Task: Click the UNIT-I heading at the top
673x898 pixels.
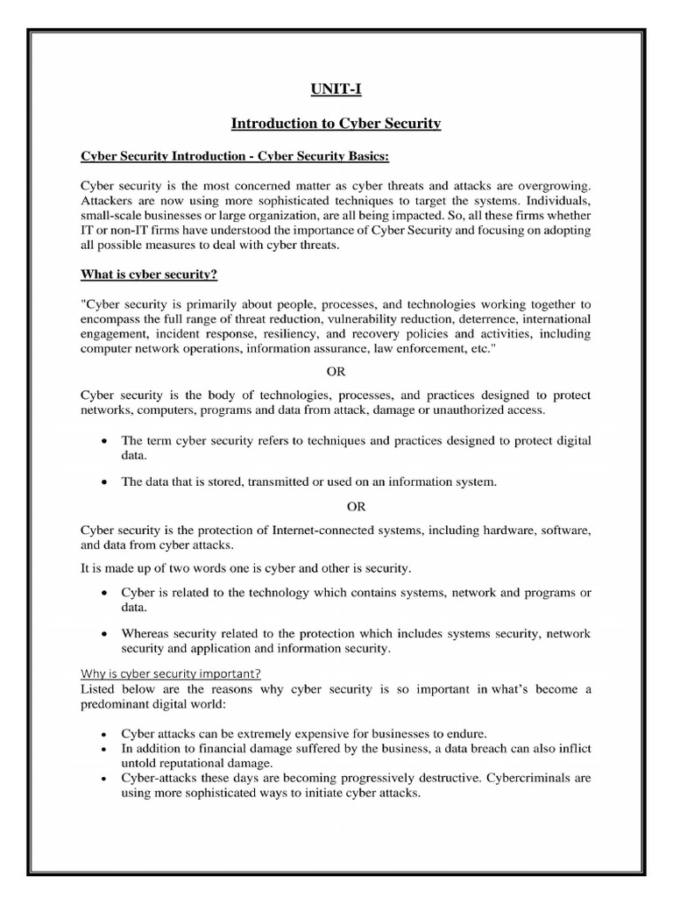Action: pyautogui.click(x=336, y=89)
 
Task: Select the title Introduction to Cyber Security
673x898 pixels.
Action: pyautogui.click(x=336, y=124)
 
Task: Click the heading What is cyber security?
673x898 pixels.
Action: pyautogui.click(x=149, y=274)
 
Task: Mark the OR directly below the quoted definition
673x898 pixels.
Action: pyautogui.click(x=336, y=371)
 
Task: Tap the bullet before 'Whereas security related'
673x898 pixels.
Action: pyautogui.click(x=105, y=634)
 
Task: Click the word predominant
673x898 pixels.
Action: pyautogui.click(x=119, y=704)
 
